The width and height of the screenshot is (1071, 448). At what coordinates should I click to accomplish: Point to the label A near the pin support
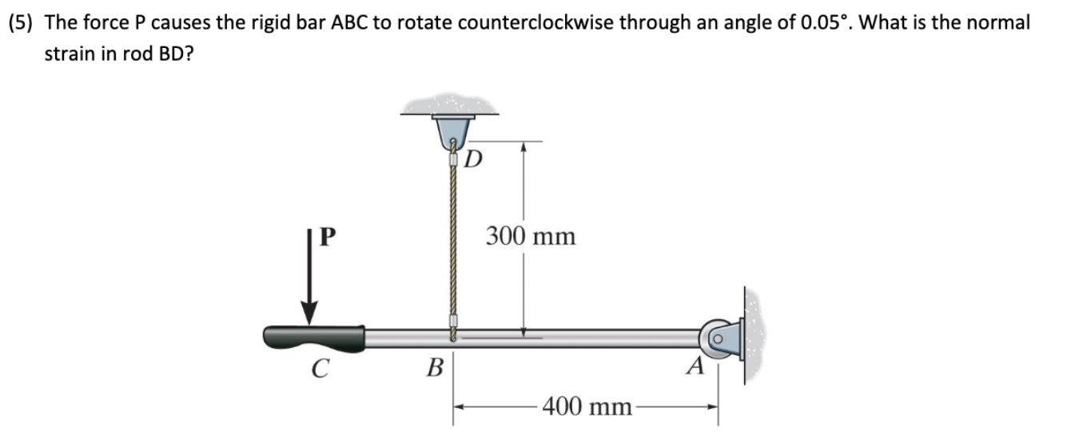pyautogui.click(x=696, y=367)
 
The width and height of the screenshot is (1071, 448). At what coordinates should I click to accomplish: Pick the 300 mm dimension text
pyautogui.click(x=530, y=237)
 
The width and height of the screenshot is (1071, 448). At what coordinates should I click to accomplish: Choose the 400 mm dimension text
pyautogui.click(x=587, y=407)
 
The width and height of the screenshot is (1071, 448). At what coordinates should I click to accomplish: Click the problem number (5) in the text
pyautogui.click(x=22, y=22)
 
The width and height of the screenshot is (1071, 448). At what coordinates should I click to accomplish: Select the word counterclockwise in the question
pyautogui.click(x=520, y=22)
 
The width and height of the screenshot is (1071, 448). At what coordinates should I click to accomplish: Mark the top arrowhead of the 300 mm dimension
pyautogui.click(x=523, y=148)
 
